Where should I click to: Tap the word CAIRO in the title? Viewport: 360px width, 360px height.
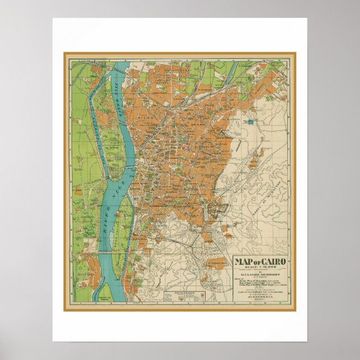point(273,261)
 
